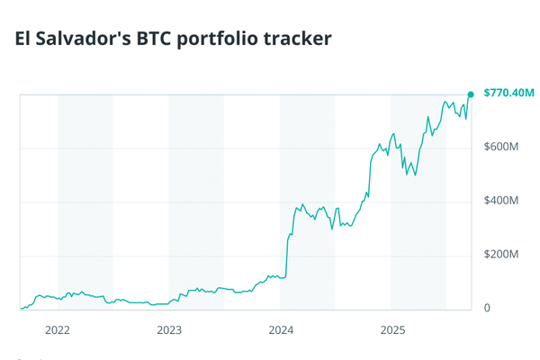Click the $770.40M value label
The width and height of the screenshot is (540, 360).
(x=508, y=93)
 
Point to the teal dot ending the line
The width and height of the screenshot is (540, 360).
(x=470, y=94)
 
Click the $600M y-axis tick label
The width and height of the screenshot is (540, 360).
(x=501, y=147)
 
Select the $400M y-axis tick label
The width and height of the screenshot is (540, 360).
(x=501, y=201)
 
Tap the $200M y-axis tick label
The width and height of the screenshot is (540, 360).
(x=501, y=255)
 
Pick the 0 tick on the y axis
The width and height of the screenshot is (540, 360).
(x=487, y=309)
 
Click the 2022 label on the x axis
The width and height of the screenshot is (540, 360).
(x=58, y=330)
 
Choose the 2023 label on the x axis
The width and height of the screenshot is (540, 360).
(x=169, y=330)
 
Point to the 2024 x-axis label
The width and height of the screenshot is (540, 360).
(x=281, y=330)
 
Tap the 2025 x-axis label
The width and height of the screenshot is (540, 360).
(x=391, y=330)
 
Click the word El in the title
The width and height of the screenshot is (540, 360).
(x=24, y=39)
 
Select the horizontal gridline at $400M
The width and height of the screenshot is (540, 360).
(x=180, y=202)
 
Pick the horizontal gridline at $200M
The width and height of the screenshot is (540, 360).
(x=180, y=256)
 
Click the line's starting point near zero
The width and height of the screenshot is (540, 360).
(x=21, y=309)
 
